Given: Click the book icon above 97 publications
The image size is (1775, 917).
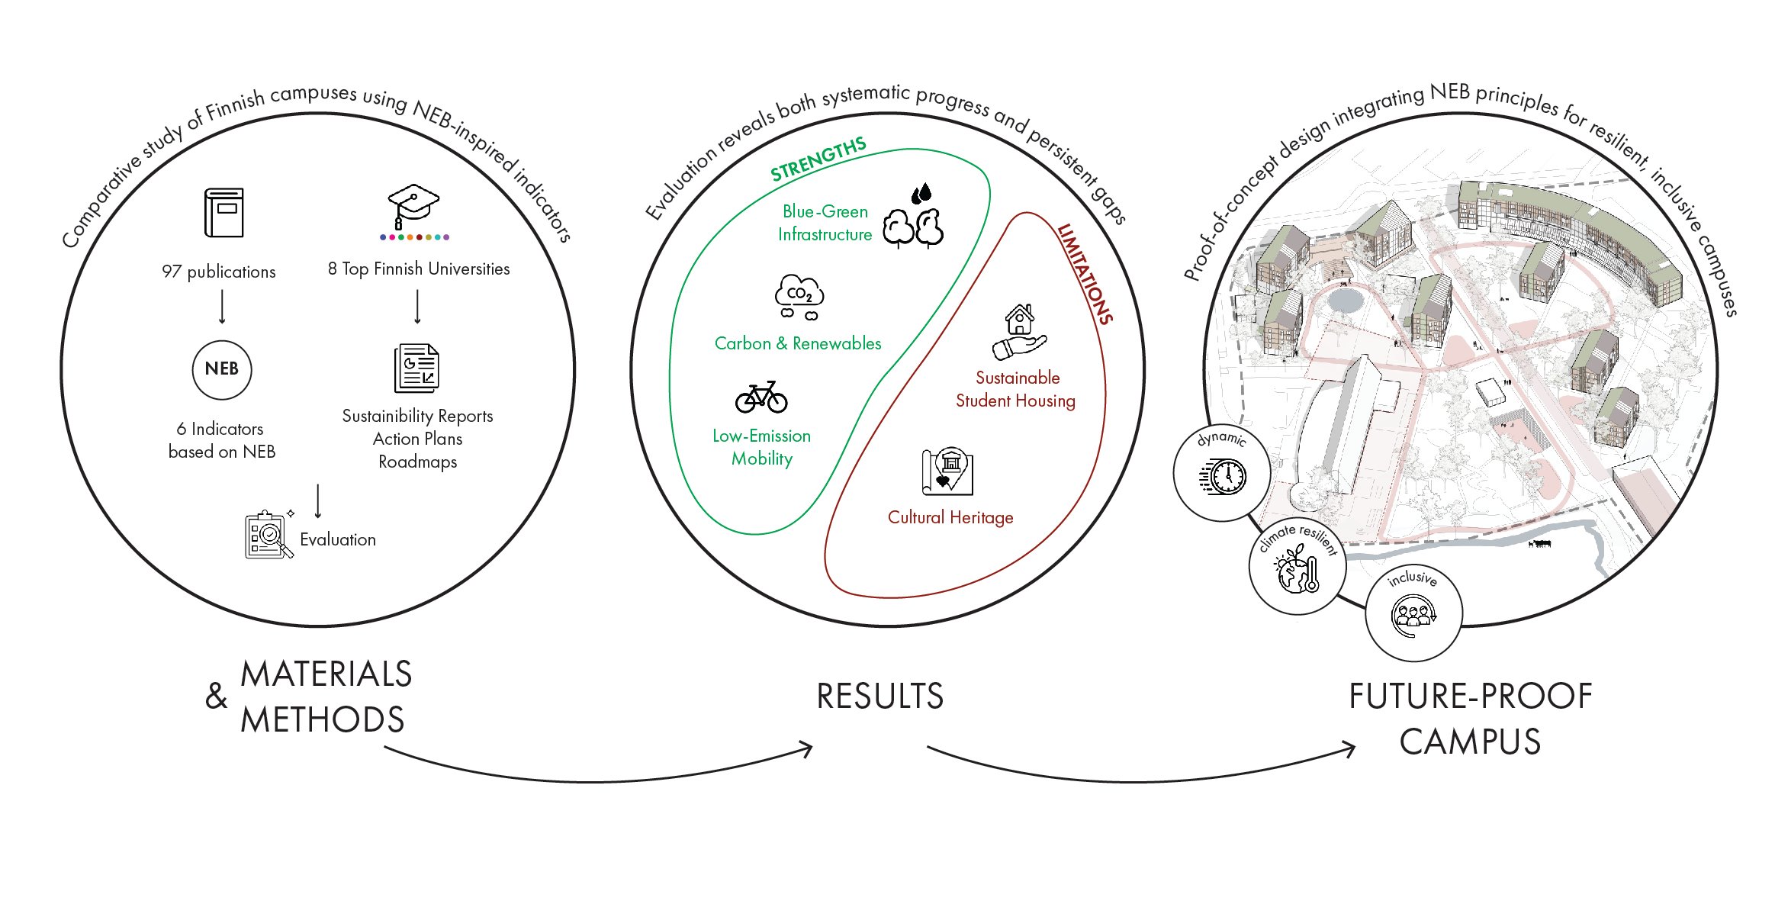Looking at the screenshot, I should click(223, 213).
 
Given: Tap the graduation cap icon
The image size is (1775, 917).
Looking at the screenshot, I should click(413, 204).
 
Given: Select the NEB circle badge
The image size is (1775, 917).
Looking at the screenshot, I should click(222, 369).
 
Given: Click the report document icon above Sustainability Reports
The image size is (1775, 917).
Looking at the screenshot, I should click(417, 368).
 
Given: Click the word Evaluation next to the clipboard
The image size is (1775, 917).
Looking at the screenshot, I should click(338, 540).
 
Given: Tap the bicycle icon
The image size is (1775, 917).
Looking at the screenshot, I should click(760, 397).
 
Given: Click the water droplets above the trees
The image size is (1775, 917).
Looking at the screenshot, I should click(921, 193).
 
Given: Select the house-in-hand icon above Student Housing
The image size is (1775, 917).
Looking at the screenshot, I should click(1019, 333).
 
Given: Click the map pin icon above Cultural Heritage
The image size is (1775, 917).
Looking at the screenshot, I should click(948, 471).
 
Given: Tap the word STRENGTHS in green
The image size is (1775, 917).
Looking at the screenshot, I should click(818, 159).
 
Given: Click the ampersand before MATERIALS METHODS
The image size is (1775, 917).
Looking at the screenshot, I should click(217, 696).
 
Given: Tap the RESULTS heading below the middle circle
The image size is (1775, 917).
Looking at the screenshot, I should click(879, 697).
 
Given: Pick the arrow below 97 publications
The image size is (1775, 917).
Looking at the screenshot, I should click(222, 307).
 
